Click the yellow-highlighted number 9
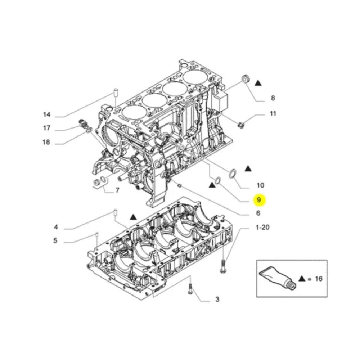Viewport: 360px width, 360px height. click(x=259, y=200)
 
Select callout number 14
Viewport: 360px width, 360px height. click(x=46, y=114)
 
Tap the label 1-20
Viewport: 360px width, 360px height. click(x=262, y=227)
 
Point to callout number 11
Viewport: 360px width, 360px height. click(x=273, y=113)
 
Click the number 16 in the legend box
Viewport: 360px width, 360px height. click(x=319, y=279)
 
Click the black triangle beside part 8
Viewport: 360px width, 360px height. click(x=258, y=83)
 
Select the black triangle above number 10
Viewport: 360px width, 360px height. click(x=248, y=169)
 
